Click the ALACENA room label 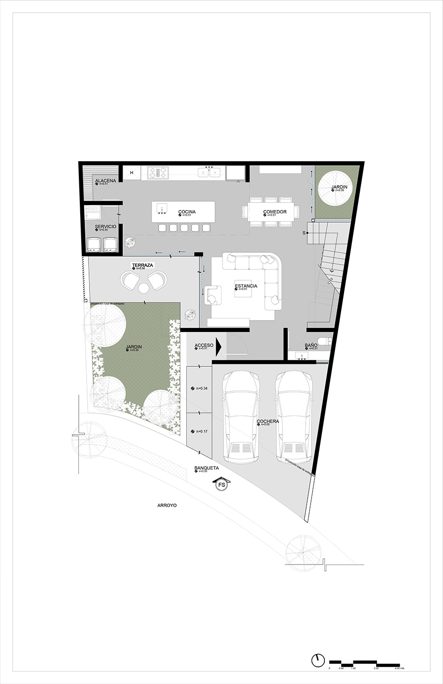click(105, 181)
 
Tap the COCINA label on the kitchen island click(187, 212)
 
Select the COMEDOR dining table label click(275, 212)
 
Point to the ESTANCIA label click(246, 286)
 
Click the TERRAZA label click(142, 265)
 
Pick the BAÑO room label click(311, 346)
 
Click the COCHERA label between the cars click(268, 421)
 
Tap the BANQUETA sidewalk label click(206, 468)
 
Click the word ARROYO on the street click(167, 505)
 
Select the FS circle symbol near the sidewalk click(222, 485)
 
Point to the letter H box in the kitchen click(132, 173)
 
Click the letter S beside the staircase click(304, 232)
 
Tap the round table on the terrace click(144, 287)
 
